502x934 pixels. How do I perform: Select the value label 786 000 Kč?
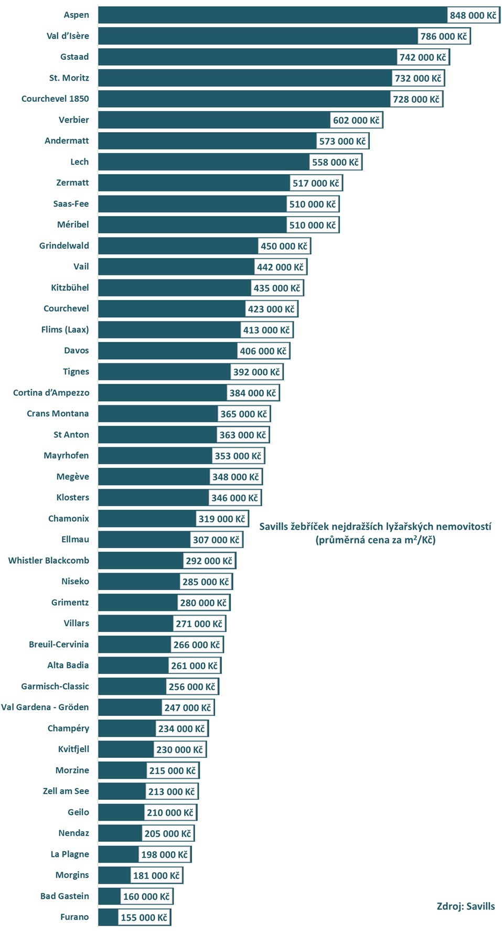coord(443,36)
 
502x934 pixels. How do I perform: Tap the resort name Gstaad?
coord(74,57)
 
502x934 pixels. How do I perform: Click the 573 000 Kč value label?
coord(342,141)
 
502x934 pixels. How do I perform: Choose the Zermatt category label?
coord(72,182)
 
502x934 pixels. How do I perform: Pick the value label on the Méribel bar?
coord(312,225)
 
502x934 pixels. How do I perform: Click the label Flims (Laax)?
coord(65,329)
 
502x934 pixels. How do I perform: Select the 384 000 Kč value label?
coord(252,393)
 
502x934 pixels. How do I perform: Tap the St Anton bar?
coord(157,435)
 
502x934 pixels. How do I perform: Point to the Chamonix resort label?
coord(69,518)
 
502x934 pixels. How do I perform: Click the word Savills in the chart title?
coord(273,527)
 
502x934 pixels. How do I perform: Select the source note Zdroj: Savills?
coord(465,906)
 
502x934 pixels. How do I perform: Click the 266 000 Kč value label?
coord(196,645)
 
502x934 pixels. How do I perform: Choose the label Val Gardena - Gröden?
coord(45,707)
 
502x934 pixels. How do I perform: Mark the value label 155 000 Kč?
coord(144,917)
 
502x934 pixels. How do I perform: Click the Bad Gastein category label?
coord(65,896)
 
